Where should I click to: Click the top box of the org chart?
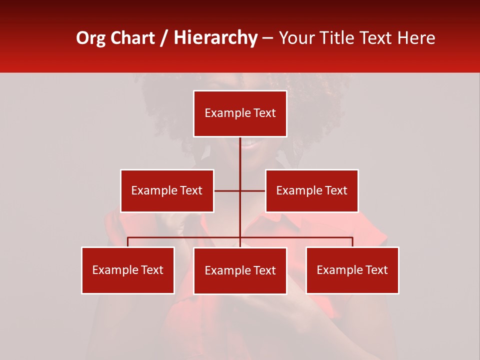(240, 113)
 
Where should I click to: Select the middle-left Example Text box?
(166, 190)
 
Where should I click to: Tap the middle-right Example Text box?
(311, 190)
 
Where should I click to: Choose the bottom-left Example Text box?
(127, 270)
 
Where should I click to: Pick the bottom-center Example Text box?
(240, 270)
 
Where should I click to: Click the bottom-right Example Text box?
(352, 270)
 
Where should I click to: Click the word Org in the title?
(90, 38)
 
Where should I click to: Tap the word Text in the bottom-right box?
(376, 270)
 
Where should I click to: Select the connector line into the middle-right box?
(253, 190)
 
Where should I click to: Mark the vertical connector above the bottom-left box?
(127, 242)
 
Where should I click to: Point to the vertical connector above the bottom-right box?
(352, 242)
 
